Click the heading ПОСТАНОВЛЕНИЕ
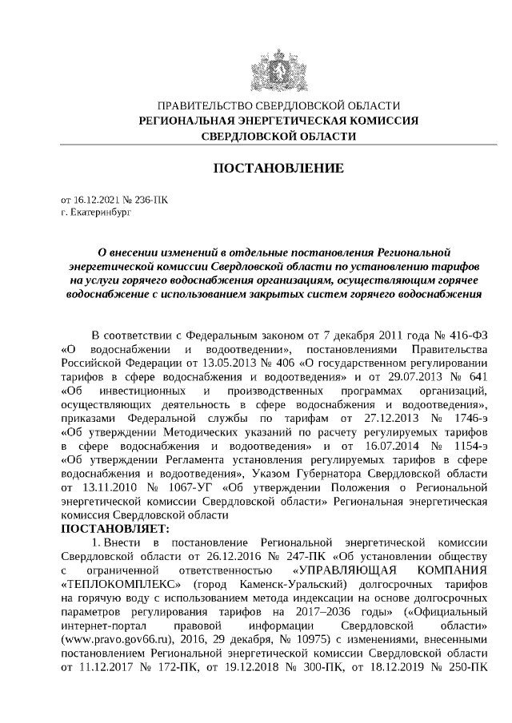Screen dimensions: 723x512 coord(278,169)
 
